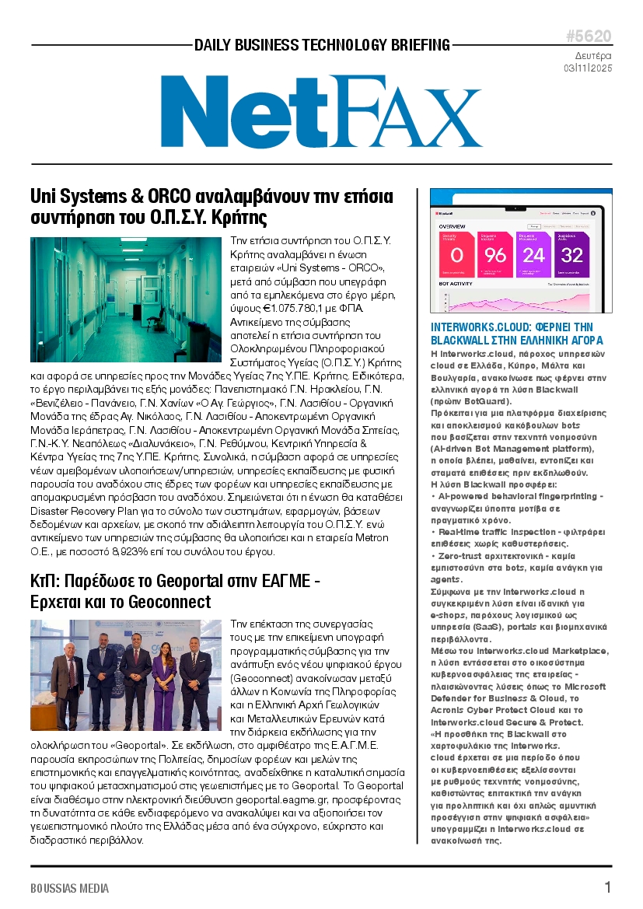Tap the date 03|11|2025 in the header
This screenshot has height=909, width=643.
[x=589, y=68]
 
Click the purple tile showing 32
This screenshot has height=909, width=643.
[x=571, y=254]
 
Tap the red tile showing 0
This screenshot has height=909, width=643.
[x=456, y=254]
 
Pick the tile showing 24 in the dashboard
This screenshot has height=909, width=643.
[x=533, y=254]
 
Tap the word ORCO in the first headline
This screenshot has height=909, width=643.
[x=169, y=194]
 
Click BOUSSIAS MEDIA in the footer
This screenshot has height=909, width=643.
[x=69, y=888]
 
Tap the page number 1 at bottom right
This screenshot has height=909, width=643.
[x=607, y=887]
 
